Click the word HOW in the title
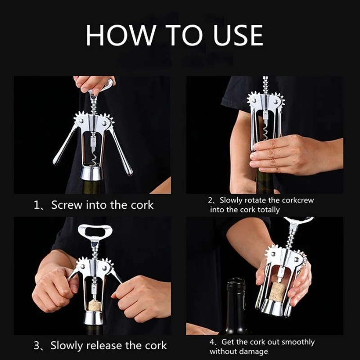[120, 36]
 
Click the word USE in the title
[238, 36]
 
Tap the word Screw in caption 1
[67, 205]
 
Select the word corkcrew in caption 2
[297, 200]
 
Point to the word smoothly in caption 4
[298, 342]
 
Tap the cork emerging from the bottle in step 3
[94, 305]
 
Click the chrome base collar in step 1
[92, 173]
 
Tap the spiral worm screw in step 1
[94, 157]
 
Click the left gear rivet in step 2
[254, 100]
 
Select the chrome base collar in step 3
[94, 317]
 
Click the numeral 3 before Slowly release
[37, 346]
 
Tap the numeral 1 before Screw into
[37, 205]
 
